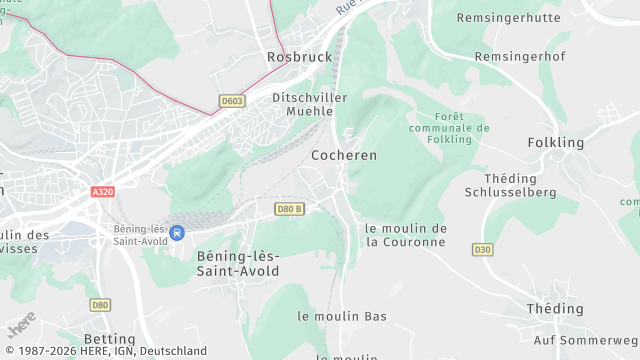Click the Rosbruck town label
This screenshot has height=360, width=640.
299,57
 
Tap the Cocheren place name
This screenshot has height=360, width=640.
344,156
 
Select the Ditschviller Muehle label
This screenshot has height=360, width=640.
310,105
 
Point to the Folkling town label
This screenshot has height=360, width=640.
555,143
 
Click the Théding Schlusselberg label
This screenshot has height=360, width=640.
509,185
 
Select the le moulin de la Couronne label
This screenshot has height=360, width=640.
405,235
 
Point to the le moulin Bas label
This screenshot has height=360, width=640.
342,316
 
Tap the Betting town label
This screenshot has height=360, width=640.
109,339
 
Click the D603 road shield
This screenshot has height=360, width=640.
232,101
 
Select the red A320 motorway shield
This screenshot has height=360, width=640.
102,191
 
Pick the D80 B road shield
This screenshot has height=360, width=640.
289,209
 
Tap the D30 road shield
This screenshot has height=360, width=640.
483,249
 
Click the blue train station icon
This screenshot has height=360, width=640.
177,233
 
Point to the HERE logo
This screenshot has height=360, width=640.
21,325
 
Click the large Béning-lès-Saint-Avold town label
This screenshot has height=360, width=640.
238,263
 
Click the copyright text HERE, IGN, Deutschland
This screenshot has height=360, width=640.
104,351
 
